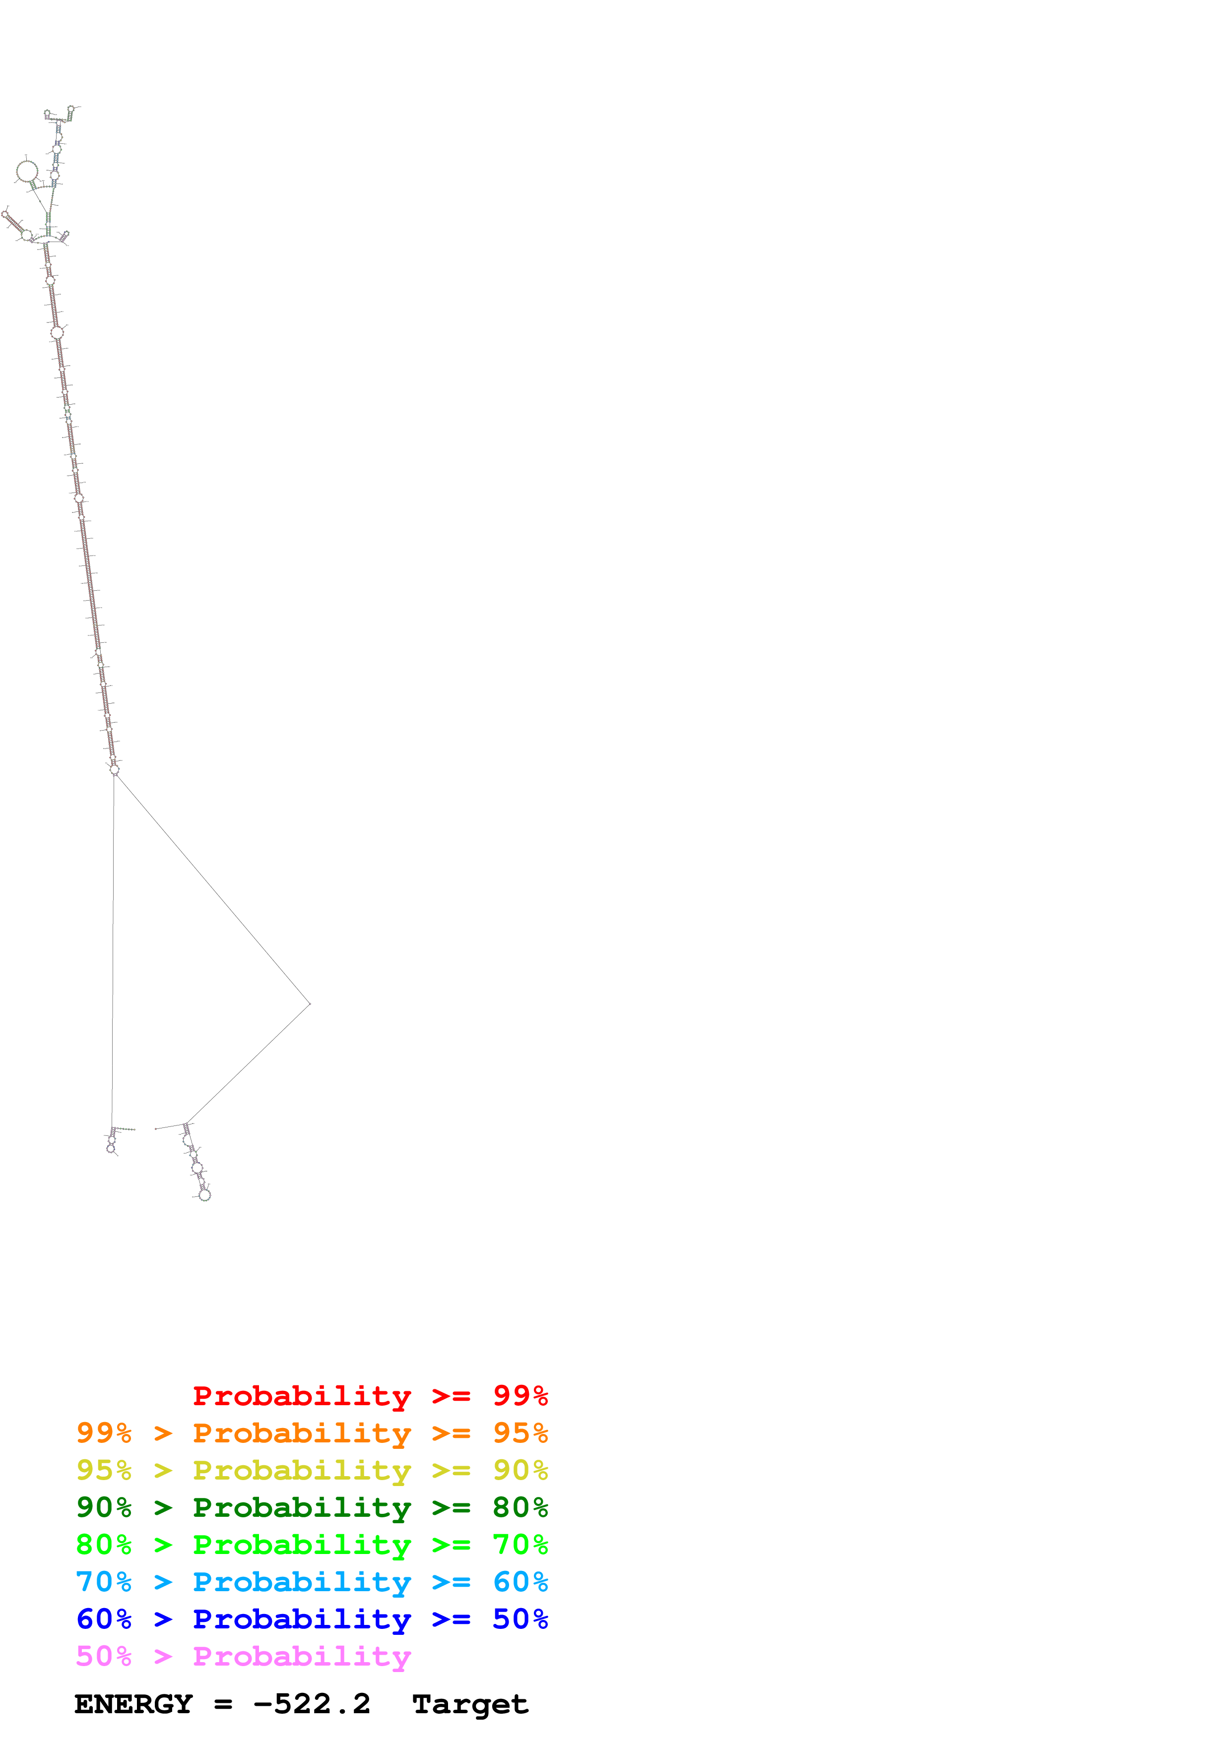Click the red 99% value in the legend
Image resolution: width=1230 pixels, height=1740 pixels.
(x=520, y=1395)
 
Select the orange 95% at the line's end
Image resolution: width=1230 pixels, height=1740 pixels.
(x=520, y=1432)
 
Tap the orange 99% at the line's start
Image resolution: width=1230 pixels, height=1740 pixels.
(x=104, y=1432)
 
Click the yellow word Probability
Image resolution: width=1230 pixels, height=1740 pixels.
(x=302, y=1470)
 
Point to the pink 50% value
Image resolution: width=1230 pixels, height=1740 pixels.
(x=104, y=1655)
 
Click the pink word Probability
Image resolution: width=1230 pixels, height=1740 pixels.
(x=302, y=1655)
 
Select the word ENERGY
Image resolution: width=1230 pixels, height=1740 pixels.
(x=133, y=1704)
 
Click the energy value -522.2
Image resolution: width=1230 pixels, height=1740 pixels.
(x=312, y=1704)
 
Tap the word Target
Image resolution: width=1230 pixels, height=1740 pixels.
(x=470, y=1704)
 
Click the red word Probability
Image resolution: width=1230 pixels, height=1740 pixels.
(x=302, y=1395)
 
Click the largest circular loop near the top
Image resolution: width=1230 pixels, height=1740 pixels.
(x=27, y=171)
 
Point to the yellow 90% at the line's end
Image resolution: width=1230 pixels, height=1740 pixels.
(x=520, y=1470)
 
